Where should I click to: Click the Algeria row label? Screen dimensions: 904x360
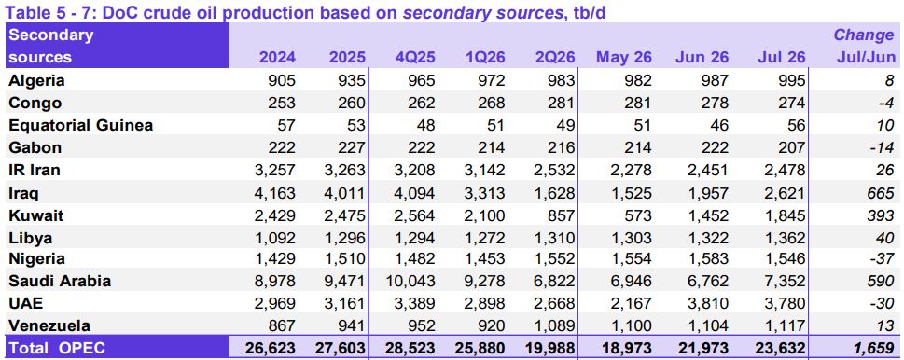[36, 80]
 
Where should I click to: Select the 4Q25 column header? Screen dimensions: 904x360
[415, 58]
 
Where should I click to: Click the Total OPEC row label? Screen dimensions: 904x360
[57, 348]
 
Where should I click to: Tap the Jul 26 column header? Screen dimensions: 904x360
[783, 58]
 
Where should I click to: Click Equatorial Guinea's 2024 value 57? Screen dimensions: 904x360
[285, 125]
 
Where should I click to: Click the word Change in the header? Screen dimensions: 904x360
[864, 35]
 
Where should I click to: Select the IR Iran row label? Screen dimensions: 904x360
[35, 170]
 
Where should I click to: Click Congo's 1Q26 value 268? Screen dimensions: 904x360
[492, 104]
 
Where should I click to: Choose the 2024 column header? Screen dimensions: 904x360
[277, 58]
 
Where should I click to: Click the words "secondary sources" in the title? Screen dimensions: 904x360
[482, 12]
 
